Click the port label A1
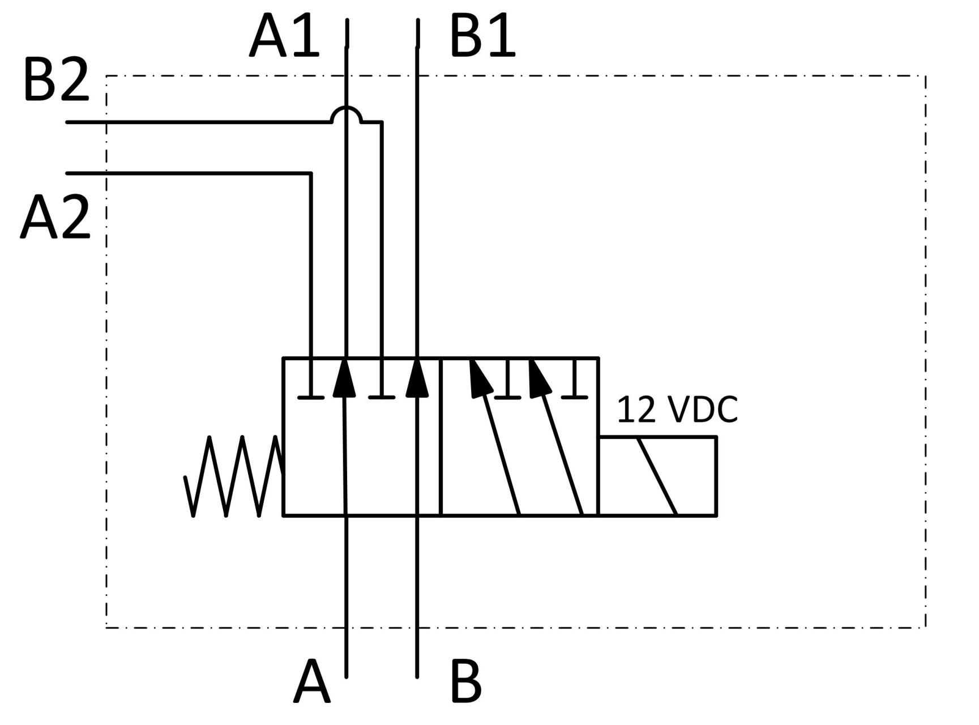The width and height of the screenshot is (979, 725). point(285,37)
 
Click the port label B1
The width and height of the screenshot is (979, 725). point(482,37)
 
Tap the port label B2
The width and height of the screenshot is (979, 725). point(56,81)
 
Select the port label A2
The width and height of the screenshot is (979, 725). point(55,217)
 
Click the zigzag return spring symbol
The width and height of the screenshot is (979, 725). point(233,476)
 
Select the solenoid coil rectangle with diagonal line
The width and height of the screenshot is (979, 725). point(657,476)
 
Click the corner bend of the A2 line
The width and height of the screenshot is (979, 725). point(311,173)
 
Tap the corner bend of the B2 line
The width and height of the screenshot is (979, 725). point(382,122)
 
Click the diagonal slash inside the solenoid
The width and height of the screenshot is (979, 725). point(657,476)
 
